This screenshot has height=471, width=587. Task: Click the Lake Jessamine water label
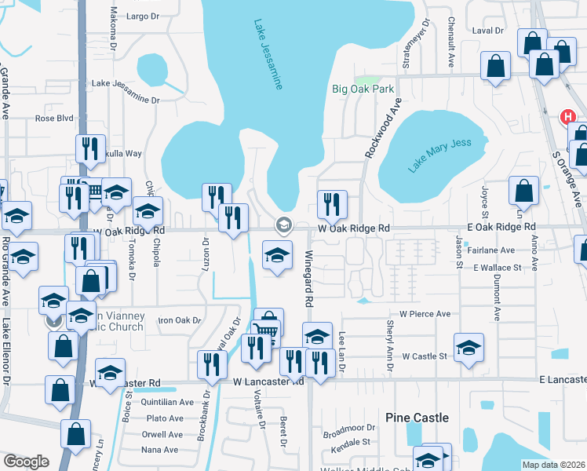click(x=268, y=55)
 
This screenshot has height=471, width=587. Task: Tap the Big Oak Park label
click(x=363, y=89)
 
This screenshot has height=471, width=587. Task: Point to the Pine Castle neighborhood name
click(x=417, y=418)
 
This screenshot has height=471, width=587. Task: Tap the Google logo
click(x=26, y=462)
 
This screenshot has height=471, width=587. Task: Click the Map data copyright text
click(x=553, y=465)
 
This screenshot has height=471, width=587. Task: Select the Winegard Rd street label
click(x=309, y=279)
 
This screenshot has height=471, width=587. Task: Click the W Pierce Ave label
click(x=425, y=313)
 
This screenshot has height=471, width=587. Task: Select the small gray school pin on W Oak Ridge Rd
click(x=283, y=226)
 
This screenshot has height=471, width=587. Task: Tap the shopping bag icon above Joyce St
click(x=523, y=190)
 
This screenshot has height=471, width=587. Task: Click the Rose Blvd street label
click(x=54, y=119)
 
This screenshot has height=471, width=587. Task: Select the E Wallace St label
click(x=497, y=268)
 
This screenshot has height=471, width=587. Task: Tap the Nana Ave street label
click(x=161, y=450)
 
